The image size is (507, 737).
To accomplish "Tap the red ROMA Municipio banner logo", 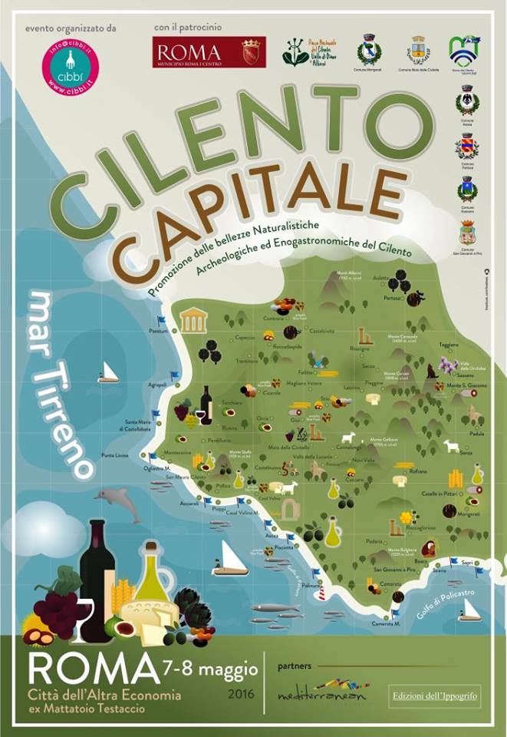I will pos(209,53).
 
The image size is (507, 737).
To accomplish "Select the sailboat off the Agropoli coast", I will pos(107,373).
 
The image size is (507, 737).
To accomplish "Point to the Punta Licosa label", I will pos(115,456).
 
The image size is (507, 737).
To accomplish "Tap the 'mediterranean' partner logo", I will pos(322,689).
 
